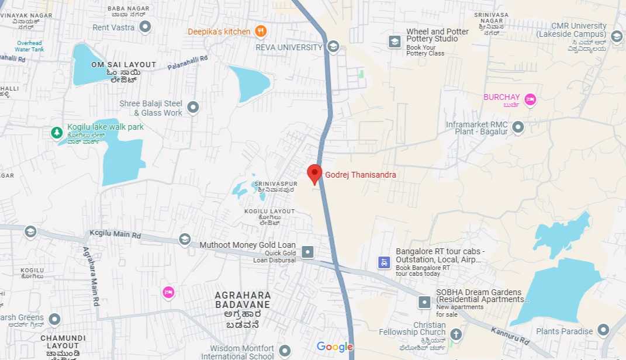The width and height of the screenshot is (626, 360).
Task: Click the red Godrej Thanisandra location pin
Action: click(314, 174)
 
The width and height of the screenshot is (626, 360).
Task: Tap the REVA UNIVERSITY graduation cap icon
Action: click(333, 47)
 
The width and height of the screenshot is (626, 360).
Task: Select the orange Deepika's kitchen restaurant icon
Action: click(261, 32)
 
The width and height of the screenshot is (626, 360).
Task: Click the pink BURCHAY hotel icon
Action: click(530, 99)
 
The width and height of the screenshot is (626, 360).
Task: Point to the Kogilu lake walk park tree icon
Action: click(57, 133)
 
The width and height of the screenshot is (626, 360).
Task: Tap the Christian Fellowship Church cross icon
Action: click(455, 334)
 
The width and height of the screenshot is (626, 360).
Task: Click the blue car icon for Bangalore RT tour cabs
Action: click(383, 262)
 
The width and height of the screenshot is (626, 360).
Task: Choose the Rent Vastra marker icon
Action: click(146, 27)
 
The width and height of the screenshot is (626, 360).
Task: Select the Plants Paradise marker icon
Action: click(603, 330)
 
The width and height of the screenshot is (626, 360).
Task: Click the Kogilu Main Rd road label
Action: click(115, 235)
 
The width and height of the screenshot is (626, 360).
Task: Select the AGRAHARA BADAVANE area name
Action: click(243, 300)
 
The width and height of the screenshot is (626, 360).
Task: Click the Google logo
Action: click(335, 347)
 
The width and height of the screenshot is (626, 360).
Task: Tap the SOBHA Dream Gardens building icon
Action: click(424, 302)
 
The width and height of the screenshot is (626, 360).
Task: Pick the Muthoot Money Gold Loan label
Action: click(248, 245)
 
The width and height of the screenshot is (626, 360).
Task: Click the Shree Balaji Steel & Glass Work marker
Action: click(193, 108)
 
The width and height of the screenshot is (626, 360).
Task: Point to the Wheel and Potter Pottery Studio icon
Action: click(395, 41)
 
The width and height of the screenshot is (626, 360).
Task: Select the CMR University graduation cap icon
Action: click(616, 37)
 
